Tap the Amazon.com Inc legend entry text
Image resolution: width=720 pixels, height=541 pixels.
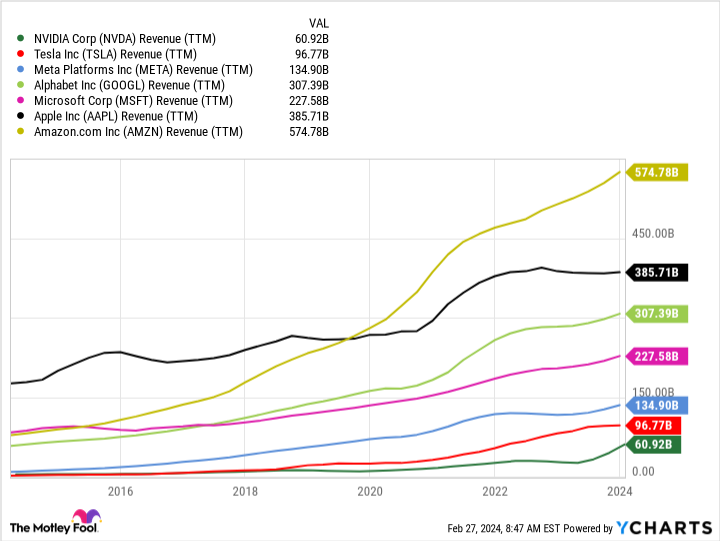click(138, 131)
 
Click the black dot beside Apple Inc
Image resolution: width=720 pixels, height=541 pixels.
click(20, 116)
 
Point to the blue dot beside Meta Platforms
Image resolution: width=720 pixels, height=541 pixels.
click(20, 70)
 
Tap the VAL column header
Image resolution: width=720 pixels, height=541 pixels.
click(317, 21)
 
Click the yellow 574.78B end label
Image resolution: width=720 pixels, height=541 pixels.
click(656, 173)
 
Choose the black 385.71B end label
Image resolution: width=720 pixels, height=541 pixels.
click(656, 272)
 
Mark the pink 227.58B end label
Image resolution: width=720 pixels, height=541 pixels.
click(656, 356)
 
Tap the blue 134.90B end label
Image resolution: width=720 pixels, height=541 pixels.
click(656, 405)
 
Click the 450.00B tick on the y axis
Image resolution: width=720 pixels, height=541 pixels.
click(656, 234)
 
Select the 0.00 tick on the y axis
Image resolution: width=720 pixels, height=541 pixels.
click(642, 472)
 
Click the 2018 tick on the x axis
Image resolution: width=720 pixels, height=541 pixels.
click(245, 491)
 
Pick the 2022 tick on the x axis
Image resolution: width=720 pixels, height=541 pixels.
click(495, 491)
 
